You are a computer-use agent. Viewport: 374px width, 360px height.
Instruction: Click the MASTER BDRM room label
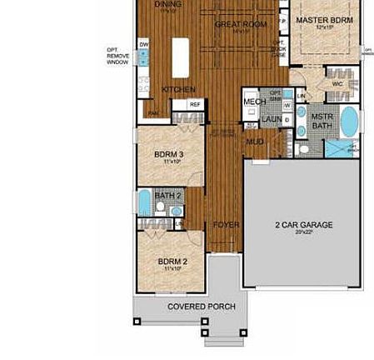click(324, 20)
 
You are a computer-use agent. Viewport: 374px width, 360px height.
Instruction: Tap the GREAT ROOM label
click(241, 25)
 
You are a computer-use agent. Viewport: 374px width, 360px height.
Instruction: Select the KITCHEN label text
click(178, 89)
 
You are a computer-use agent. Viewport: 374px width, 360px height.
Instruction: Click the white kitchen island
click(181, 57)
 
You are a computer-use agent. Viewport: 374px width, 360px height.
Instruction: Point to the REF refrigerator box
click(194, 105)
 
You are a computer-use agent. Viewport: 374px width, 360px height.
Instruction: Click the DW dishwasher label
click(144, 44)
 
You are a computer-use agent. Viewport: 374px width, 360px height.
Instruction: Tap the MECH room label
click(254, 102)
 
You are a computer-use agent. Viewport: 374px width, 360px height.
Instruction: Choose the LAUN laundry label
click(272, 120)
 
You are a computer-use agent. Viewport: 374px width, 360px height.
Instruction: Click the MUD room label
click(255, 142)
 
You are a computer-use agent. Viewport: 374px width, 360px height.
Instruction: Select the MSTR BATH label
click(322, 122)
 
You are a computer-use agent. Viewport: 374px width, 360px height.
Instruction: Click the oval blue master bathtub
click(349, 122)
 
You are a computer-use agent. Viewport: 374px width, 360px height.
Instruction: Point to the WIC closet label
click(337, 84)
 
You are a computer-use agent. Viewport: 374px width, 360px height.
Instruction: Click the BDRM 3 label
click(169, 155)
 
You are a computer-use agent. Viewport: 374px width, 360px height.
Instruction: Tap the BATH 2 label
click(167, 196)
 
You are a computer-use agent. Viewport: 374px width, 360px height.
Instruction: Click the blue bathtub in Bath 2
click(144, 202)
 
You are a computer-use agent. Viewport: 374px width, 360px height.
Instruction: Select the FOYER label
click(226, 225)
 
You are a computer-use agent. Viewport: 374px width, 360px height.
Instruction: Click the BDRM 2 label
click(172, 262)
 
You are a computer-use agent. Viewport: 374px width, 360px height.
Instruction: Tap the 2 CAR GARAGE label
click(304, 225)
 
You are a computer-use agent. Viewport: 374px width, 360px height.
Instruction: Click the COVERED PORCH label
click(201, 307)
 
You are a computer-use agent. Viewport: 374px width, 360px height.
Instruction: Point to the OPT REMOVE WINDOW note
click(117, 56)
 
